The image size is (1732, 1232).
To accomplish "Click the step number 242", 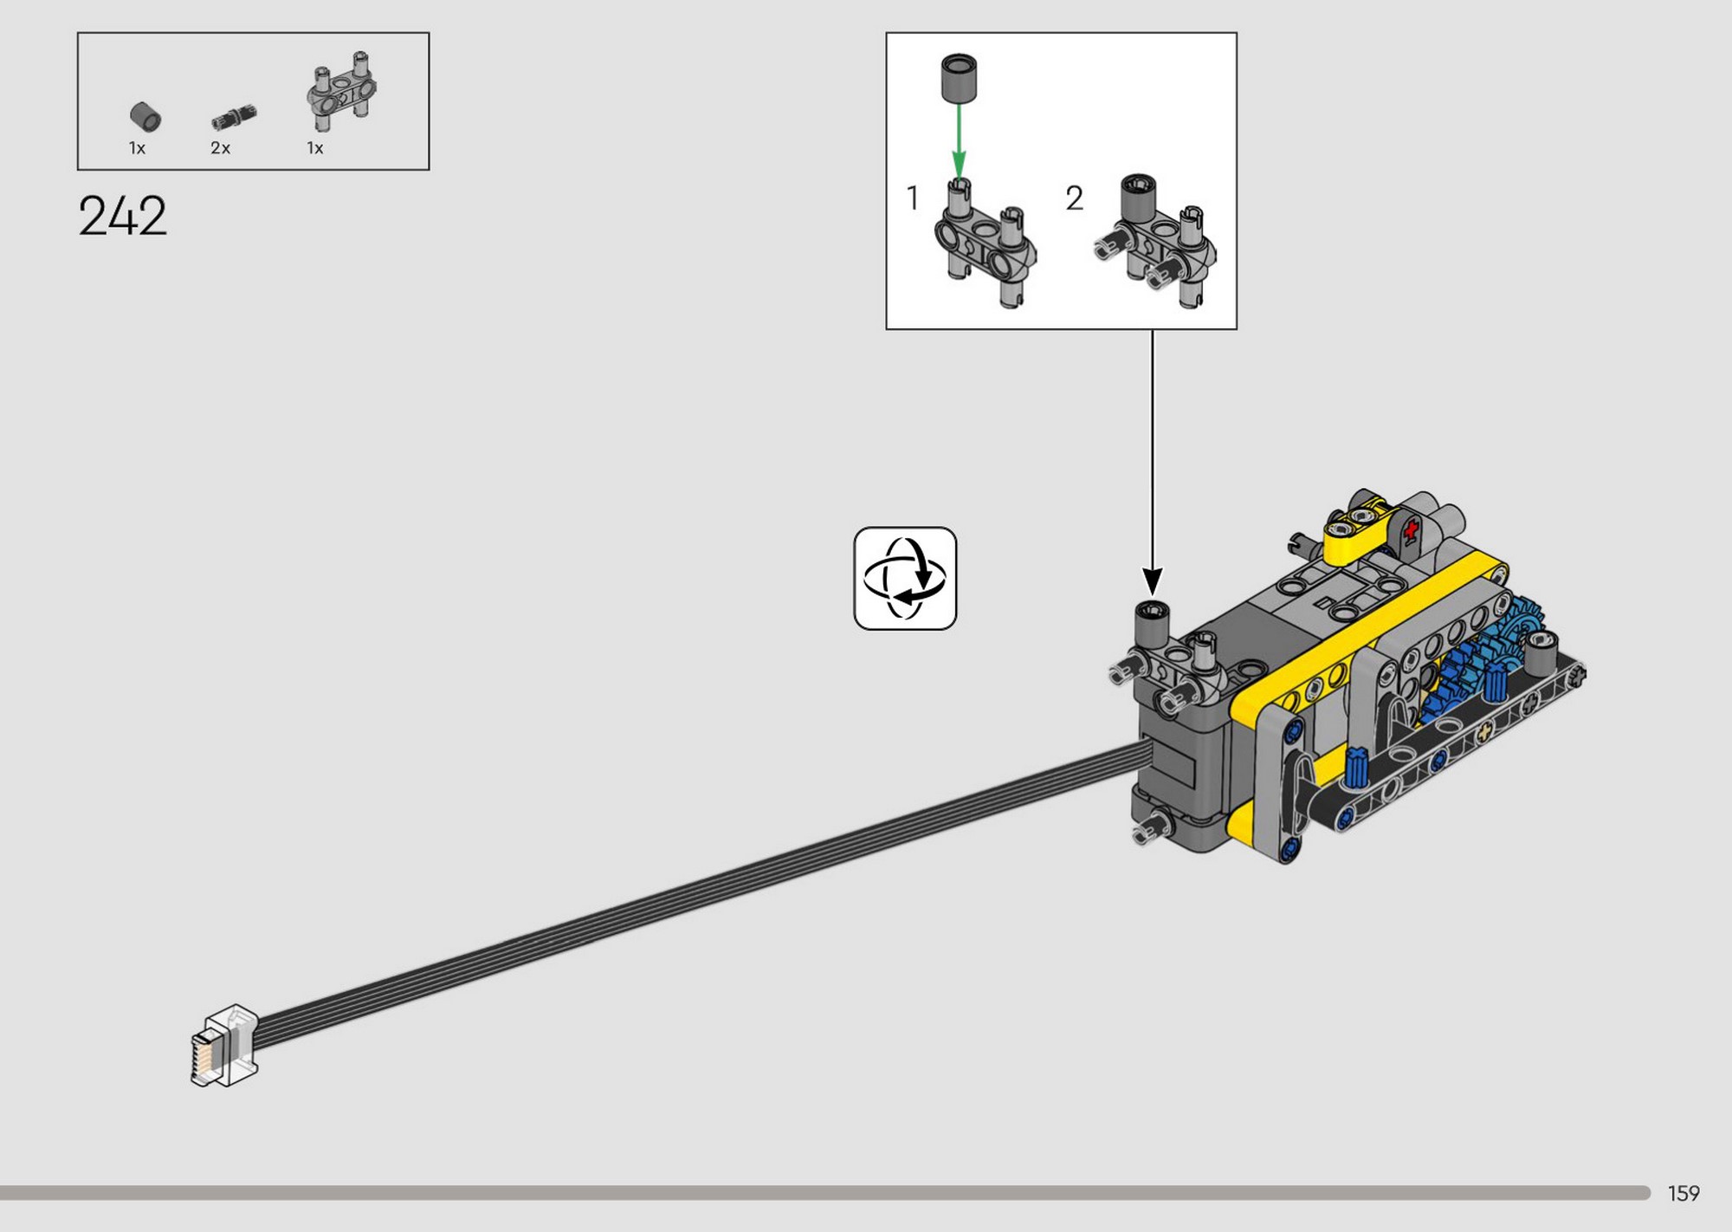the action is (x=122, y=216).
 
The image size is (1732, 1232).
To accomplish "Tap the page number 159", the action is (x=1684, y=1193).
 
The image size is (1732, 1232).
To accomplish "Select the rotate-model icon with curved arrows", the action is (x=905, y=578).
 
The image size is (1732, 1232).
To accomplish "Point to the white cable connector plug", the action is (x=224, y=1046).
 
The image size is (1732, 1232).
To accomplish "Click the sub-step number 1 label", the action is (x=912, y=198).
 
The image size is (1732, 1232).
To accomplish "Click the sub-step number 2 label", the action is (x=1074, y=198).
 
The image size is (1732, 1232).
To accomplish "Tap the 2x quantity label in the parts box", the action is (x=220, y=148).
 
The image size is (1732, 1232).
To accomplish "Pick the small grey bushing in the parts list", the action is (x=145, y=117).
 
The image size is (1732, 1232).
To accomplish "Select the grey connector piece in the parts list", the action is (x=342, y=91).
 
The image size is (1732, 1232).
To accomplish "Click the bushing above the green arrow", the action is (x=959, y=78).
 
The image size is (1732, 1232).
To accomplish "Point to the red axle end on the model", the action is (x=1412, y=529).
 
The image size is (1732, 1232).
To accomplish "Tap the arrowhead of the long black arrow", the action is (x=1153, y=580).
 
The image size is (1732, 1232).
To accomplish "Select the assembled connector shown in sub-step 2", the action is (x=1155, y=242).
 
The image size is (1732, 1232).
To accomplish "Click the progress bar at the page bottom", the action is (x=825, y=1193).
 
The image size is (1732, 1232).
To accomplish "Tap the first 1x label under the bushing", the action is (x=137, y=148).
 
